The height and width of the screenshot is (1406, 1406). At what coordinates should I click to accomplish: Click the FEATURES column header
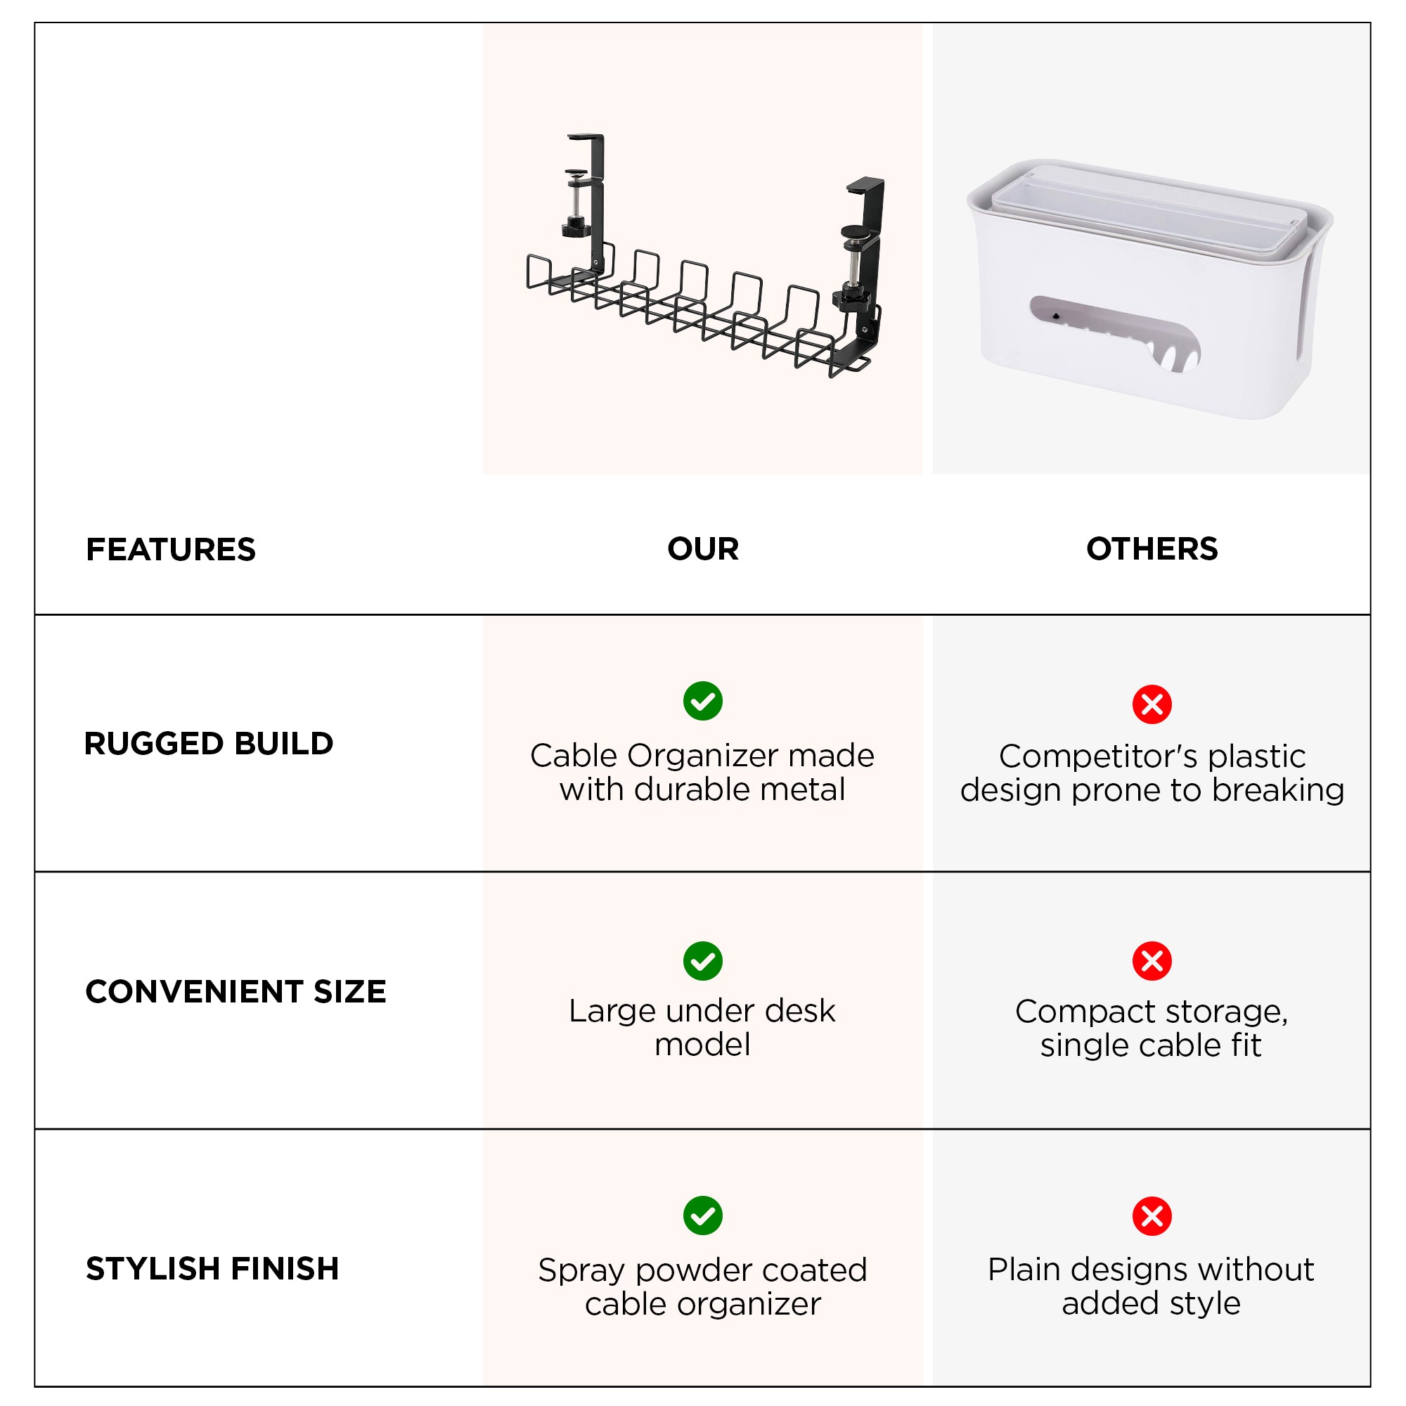[x=171, y=550]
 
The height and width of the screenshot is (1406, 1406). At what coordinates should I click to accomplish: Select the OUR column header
[x=702, y=549]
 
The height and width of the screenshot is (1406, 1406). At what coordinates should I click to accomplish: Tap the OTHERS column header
[x=1152, y=549]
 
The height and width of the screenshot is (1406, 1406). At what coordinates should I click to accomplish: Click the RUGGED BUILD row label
[x=209, y=744]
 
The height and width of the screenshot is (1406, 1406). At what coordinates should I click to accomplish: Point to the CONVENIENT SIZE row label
[x=236, y=992]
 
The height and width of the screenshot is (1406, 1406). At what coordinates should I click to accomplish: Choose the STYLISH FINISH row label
[x=212, y=1268]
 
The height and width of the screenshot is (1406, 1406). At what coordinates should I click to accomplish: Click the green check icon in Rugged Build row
[x=702, y=701]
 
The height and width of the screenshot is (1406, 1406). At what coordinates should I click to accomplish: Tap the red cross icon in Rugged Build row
[x=1152, y=704]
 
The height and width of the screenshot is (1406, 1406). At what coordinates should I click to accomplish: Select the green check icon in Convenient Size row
[x=702, y=960]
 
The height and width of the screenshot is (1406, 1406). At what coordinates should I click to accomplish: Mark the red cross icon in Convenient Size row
[x=1152, y=960]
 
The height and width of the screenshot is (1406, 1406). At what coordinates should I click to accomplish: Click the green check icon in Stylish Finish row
[x=702, y=1215]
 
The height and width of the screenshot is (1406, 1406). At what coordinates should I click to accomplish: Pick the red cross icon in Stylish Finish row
[x=1152, y=1216]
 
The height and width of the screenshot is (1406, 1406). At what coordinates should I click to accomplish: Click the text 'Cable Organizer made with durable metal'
[x=702, y=772]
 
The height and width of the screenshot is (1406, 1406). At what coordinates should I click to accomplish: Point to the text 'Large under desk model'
[x=702, y=1028]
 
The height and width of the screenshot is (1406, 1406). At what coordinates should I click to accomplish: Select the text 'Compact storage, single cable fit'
[x=1152, y=1028]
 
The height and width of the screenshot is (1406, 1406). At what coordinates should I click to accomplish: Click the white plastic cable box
[x=1150, y=291]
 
